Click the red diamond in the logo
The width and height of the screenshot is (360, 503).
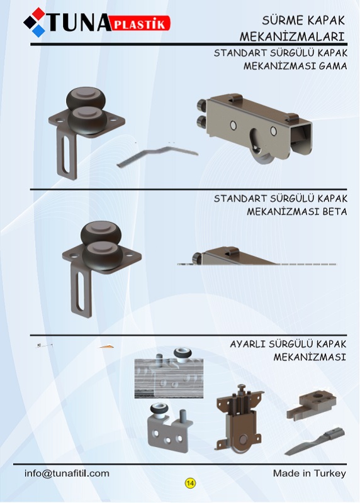pyautogui.click(x=38, y=13)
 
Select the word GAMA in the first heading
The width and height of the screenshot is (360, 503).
pyautogui.click(x=333, y=66)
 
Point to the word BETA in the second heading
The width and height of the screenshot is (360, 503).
pyautogui.click(x=334, y=212)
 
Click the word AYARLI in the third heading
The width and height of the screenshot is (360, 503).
pyautogui.click(x=247, y=344)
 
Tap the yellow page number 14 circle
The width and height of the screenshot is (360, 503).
pyautogui.click(x=190, y=483)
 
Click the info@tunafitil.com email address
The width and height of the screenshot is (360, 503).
pyautogui.click(x=67, y=473)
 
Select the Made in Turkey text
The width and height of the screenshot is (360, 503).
pyautogui.click(x=309, y=473)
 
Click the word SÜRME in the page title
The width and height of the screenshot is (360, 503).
pyautogui.click(x=281, y=20)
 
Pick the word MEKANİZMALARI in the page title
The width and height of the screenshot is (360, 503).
pyautogui.click(x=292, y=36)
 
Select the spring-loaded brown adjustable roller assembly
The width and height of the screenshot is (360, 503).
pyautogui.click(x=239, y=417)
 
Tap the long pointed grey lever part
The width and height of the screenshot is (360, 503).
pyautogui.click(x=315, y=441)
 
